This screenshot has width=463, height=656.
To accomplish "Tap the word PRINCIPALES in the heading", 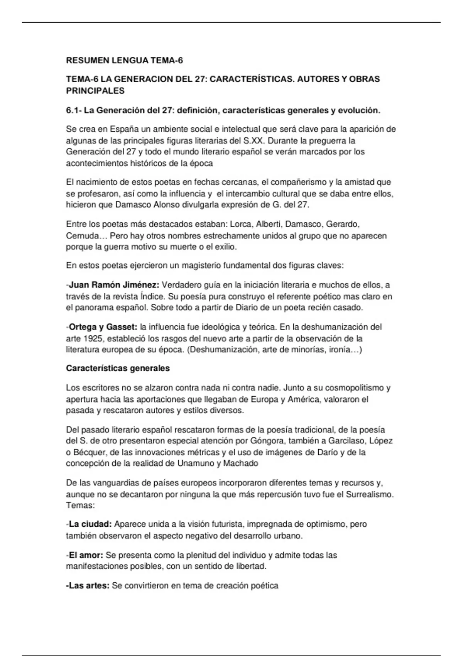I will coord(95,91).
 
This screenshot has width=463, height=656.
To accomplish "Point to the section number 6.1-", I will coord(74,111).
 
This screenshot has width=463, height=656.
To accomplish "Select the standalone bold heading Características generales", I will coord(118,368).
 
